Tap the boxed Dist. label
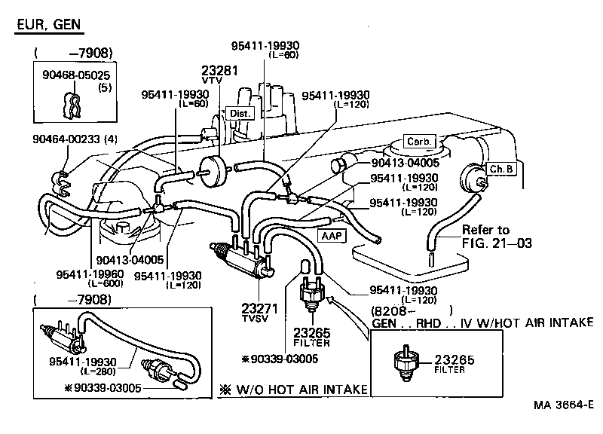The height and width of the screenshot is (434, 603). [x=240, y=113]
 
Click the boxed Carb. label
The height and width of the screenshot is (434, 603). [x=417, y=142]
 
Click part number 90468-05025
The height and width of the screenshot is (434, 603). [x=76, y=76]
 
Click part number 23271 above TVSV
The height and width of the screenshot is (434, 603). [x=259, y=309]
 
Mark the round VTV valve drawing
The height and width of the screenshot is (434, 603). [x=217, y=169]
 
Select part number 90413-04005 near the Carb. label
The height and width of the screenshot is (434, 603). [x=403, y=161]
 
